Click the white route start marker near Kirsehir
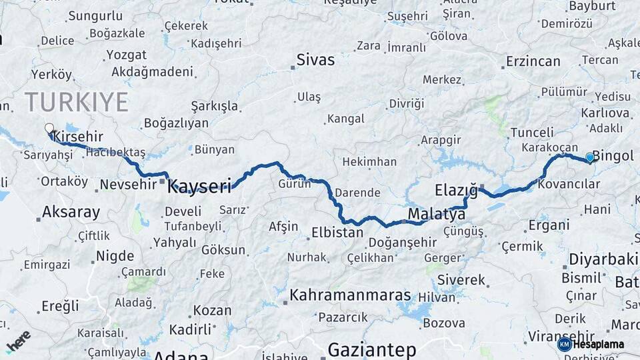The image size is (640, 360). pos(49,128)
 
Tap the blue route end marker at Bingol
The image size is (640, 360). pos(589,157)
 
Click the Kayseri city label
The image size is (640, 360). pos(199,186)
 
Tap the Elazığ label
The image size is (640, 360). pos(456,189)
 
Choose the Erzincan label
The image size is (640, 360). pos(533,61)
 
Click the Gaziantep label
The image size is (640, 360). pos(372,349)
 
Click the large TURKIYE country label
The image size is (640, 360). pos(76,102)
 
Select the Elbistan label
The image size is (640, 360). pos(337,233)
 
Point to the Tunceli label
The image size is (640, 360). pos(531,132)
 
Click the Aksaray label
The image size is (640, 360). pos(71,213)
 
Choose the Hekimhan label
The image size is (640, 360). pos(369,162)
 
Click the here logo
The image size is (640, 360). pos(18,341)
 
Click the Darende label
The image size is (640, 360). pos(357,193)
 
